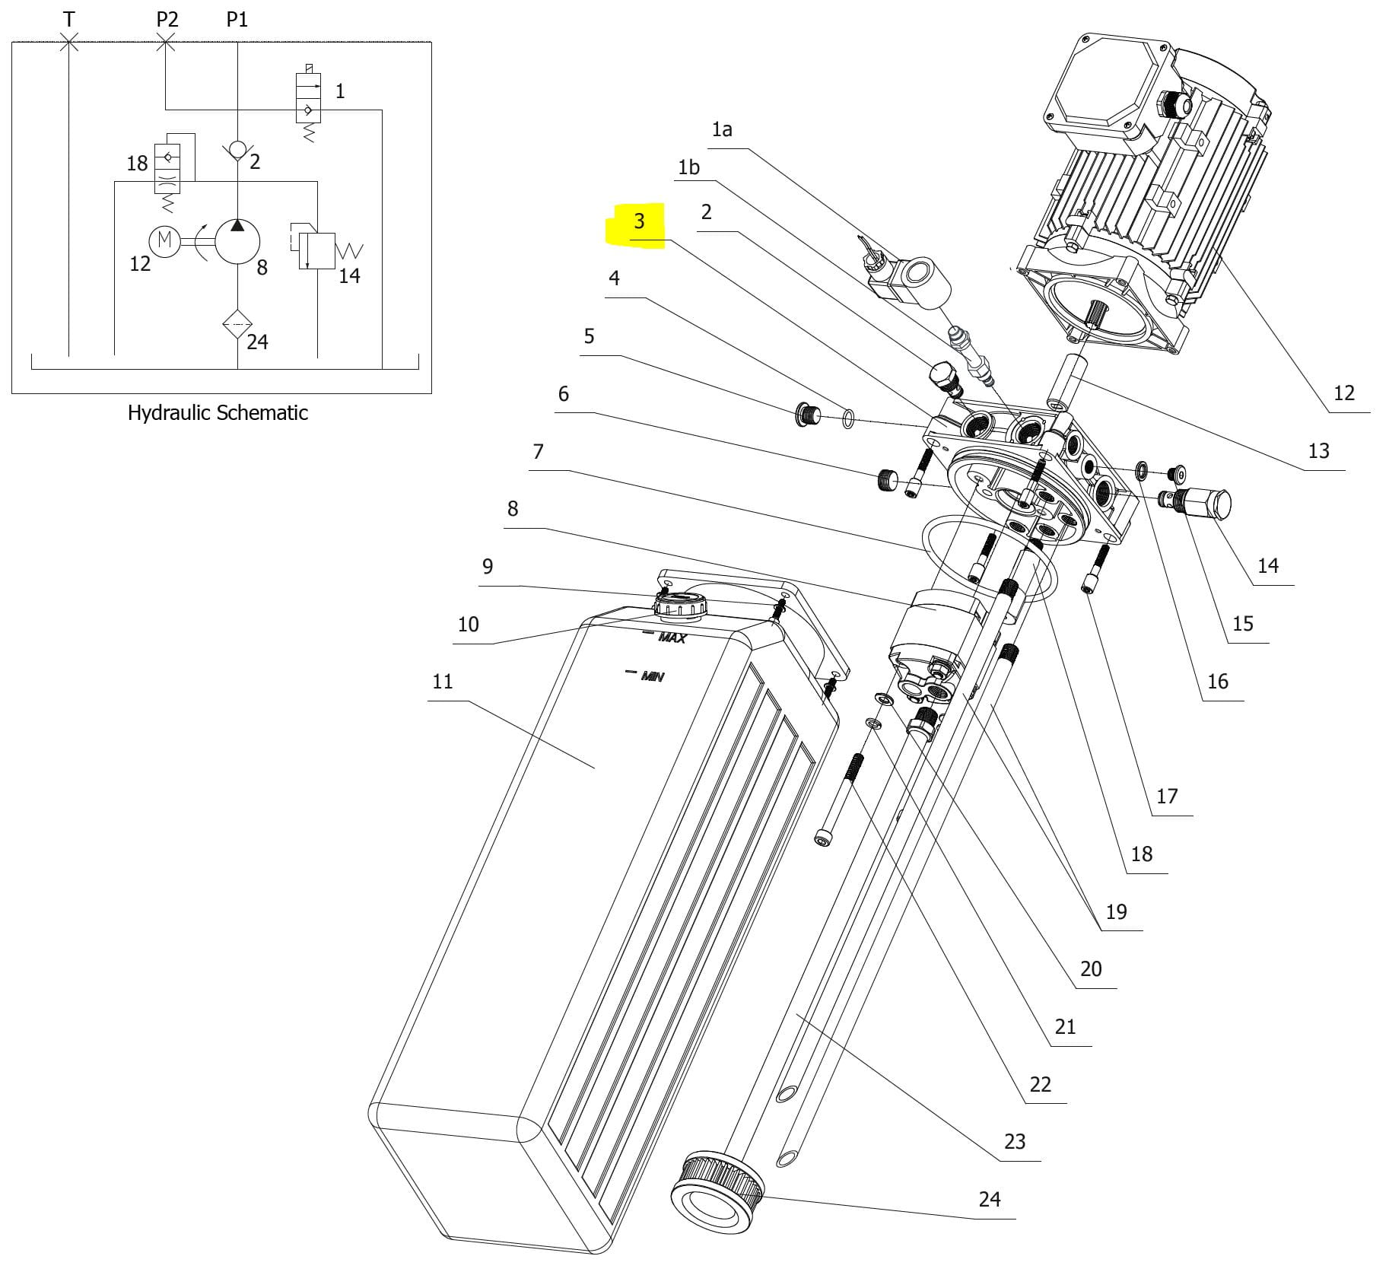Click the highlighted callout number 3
(x=639, y=221)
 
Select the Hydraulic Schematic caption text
(x=218, y=413)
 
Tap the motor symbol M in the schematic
(x=164, y=241)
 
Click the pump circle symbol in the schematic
(x=237, y=240)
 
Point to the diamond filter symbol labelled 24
(x=237, y=324)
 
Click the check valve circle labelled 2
(x=237, y=150)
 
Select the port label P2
(x=167, y=19)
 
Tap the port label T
(x=69, y=19)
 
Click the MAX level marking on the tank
(x=672, y=638)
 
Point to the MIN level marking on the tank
(x=652, y=676)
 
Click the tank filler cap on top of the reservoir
(x=680, y=605)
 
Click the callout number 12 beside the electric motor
(x=1344, y=393)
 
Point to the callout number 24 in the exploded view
(x=989, y=1199)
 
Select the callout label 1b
(x=688, y=167)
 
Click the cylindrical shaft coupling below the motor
(x=1064, y=380)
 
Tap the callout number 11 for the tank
(x=442, y=681)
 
